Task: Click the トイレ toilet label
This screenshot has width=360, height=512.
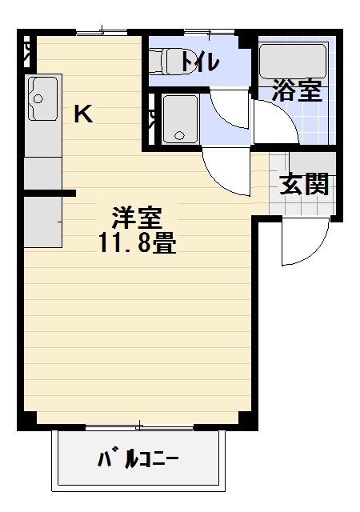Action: click(x=199, y=61)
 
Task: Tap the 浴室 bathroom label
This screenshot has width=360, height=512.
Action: click(x=296, y=90)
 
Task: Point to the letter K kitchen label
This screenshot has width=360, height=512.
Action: click(x=83, y=114)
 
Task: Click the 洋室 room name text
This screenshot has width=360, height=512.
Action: click(x=136, y=216)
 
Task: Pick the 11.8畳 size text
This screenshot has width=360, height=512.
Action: click(x=138, y=242)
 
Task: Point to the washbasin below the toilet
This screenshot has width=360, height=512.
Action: click(x=180, y=118)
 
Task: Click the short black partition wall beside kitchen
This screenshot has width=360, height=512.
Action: click(x=50, y=193)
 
